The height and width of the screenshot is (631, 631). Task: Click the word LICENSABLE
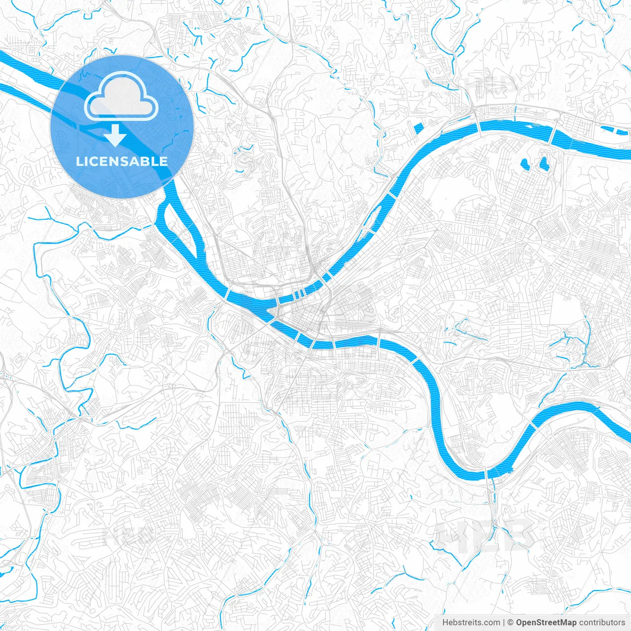click(122, 161)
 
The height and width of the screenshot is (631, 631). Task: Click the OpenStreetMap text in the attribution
click(546, 623)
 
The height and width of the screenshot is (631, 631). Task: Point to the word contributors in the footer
click(602, 623)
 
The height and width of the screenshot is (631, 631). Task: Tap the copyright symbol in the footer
click(511, 623)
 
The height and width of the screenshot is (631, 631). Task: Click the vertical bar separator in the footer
click(503, 623)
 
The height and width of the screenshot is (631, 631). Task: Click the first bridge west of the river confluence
click(226, 295)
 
